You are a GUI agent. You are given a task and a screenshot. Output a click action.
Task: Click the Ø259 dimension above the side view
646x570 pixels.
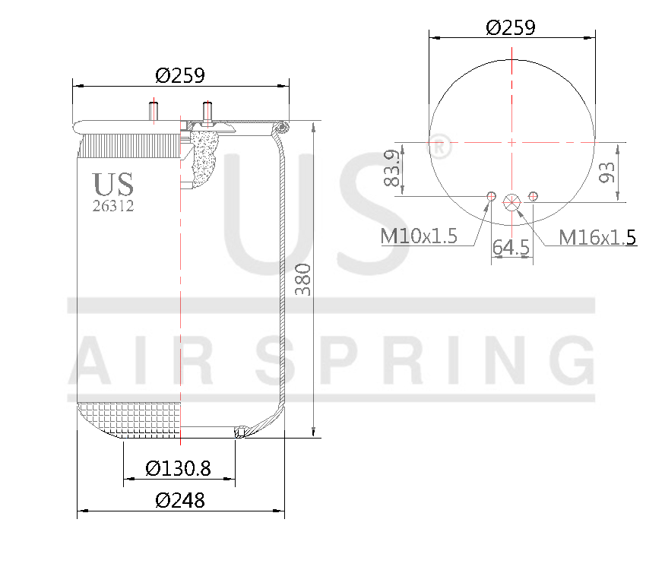click(181, 75)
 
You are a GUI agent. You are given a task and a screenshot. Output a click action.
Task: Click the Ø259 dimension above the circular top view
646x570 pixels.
click(510, 27)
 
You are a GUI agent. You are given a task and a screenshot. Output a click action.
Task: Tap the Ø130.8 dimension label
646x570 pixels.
click(179, 468)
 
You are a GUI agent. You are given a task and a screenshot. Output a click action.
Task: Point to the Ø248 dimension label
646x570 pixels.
click(180, 500)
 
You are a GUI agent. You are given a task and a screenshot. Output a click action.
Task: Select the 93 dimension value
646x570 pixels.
click(606, 172)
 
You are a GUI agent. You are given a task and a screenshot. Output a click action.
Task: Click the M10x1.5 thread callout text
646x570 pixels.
click(418, 236)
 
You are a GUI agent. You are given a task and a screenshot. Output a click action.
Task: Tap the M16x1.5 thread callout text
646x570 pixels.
click(597, 237)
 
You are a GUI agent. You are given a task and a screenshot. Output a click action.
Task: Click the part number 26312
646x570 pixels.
click(113, 206)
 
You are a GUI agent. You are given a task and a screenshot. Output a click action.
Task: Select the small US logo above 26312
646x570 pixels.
click(113, 184)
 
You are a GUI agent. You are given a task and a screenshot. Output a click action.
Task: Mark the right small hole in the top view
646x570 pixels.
click(534, 197)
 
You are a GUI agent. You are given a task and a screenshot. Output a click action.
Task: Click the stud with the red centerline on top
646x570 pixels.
click(153, 111)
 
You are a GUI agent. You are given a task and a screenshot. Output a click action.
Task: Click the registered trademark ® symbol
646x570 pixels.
click(440, 147)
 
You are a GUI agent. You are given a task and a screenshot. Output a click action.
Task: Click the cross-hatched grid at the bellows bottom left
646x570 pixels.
click(129, 419)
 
